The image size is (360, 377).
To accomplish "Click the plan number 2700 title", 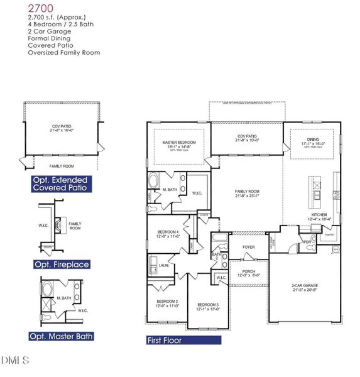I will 41,8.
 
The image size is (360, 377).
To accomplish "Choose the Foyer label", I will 248,247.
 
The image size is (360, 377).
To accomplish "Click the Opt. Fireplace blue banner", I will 60,265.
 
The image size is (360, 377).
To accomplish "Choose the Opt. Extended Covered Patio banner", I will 60,183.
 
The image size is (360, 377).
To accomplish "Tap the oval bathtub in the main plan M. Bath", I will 155,183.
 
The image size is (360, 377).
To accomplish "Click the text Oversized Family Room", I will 63,53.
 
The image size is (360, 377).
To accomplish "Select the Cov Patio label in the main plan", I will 247,138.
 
